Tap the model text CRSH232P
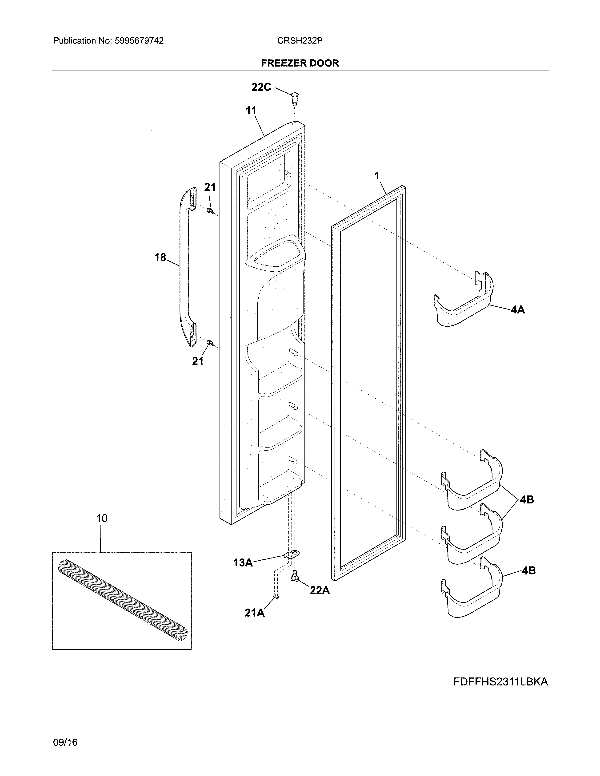tap(300, 41)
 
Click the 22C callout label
tap(261, 87)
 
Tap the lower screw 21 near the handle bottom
tap(210, 343)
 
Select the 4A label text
tap(518, 310)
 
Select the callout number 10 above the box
tap(102, 519)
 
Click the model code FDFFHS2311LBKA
tap(500, 682)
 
